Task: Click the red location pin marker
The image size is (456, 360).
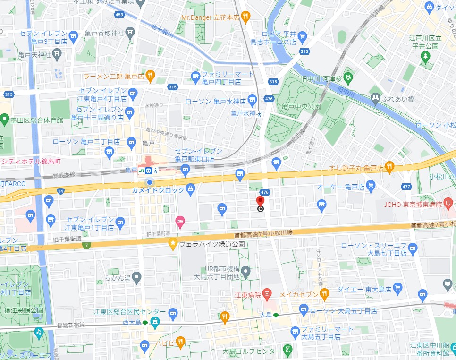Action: [260, 202]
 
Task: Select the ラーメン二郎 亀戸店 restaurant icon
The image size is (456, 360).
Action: [150, 75]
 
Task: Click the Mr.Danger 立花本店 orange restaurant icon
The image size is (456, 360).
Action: [245, 17]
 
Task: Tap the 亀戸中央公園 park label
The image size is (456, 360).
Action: [301, 107]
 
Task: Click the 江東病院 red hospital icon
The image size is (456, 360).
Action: [267, 294]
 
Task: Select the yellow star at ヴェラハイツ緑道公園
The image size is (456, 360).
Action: [173, 244]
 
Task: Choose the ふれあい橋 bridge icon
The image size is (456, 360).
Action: [376, 99]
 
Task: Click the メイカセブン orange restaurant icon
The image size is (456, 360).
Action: [324, 294]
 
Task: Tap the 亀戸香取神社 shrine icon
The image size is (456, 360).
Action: [130, 33]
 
